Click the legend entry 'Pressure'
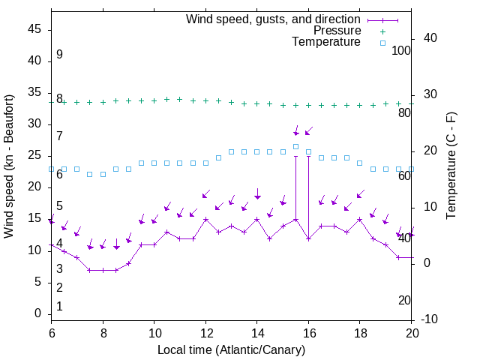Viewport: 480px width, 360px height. click(x=337, y=31)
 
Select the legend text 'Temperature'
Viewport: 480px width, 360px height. click(x=326, y=42)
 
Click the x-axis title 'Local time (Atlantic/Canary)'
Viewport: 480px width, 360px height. click(x=231, y=350)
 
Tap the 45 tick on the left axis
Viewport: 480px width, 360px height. click(x=34, y=29)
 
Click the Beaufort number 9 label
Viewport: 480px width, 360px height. click(x=59, y=55)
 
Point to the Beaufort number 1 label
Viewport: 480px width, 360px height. click(x=59, y=307)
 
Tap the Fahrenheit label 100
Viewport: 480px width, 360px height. click(x=402, y=50)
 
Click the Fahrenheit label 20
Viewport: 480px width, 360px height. click(x=404, y=300)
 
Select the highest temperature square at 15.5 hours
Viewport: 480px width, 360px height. click(x=295, y=146)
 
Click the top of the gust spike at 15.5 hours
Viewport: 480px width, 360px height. click(x=295, y=157)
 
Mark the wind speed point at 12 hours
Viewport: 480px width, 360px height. click(x=205, y=220)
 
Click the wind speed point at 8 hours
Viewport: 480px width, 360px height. click(x=103, y=270)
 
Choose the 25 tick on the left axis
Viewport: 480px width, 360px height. click(x=34, y=155)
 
